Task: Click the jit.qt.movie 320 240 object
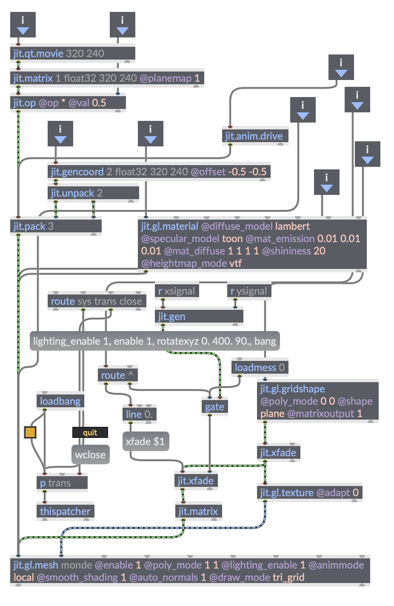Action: [72, 54]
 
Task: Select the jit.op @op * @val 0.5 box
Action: [68, 103]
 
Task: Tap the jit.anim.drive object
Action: [254, 136]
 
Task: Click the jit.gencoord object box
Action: [159, 172]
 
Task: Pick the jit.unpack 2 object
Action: [93, 193]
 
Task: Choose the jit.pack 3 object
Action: [55, 226]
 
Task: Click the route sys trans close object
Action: [97, 301]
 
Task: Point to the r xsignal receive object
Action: [177, 291]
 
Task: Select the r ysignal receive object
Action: [249, 291]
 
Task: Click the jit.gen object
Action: [199, 317]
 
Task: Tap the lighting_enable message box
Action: [154, 341]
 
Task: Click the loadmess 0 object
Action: [260, 368]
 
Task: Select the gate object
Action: [214, 407]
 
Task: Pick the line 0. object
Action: [139, 414]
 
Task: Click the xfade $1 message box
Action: [146, 442]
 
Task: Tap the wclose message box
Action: [90, 455]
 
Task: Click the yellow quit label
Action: [90, 433]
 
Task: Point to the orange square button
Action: [30, 432]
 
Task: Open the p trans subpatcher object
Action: [62, 483]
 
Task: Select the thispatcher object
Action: [65, 512]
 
